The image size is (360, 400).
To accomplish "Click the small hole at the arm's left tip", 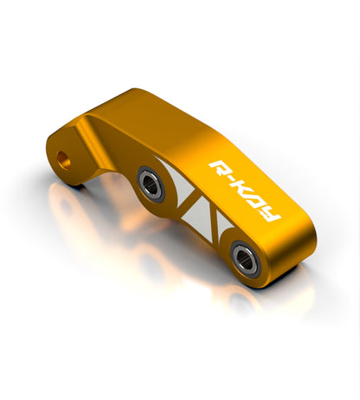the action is coord(63,160).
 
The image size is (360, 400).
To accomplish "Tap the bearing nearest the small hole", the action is coord(151,184).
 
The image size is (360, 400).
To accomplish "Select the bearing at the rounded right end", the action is coord(246,259).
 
